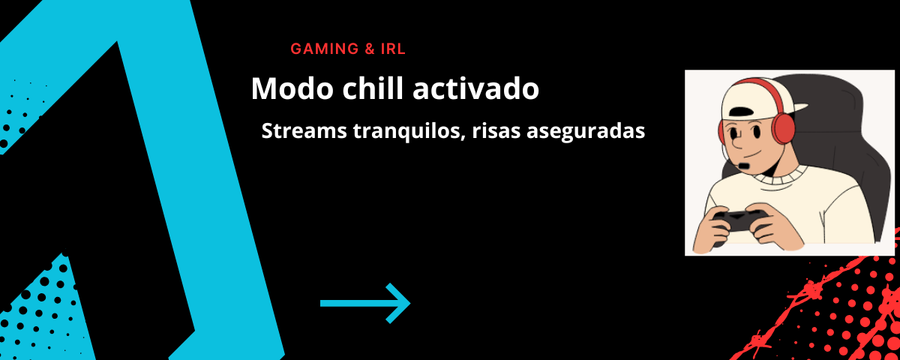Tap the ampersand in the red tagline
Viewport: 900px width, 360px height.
pyautogui.click(x=370, y=49)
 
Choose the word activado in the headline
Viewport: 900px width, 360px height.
pyautogui.click(x=475, y=88)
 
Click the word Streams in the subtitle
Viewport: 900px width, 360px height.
pyautogui.click(x=304, y=130)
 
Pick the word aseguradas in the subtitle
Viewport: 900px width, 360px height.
pyautogui.click(x=586, y=132)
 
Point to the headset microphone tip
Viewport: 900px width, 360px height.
pyautogui.click(x=744, y=166)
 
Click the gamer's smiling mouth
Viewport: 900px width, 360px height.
pyautogui.click(x=751, y=155)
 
